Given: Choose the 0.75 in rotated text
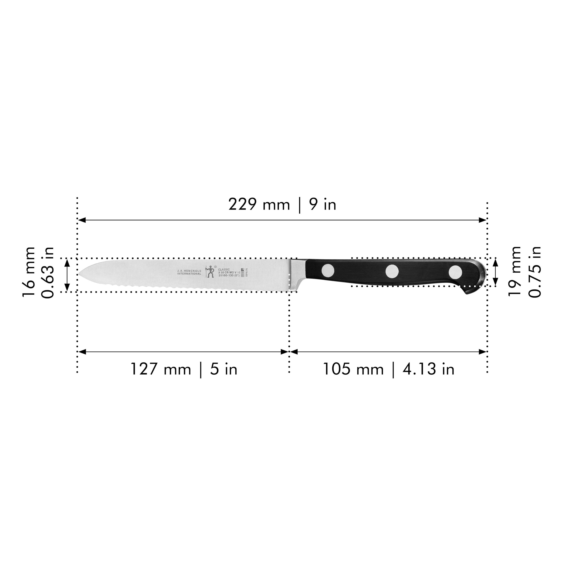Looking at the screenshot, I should [x=535, y=272].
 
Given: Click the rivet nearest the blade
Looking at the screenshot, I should [x=328, y=270].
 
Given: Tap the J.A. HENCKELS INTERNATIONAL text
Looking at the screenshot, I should [x=189, y=272].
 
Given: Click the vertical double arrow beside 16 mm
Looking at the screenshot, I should [x=67, y=275].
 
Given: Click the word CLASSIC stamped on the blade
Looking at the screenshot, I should [x=224, y=269].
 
